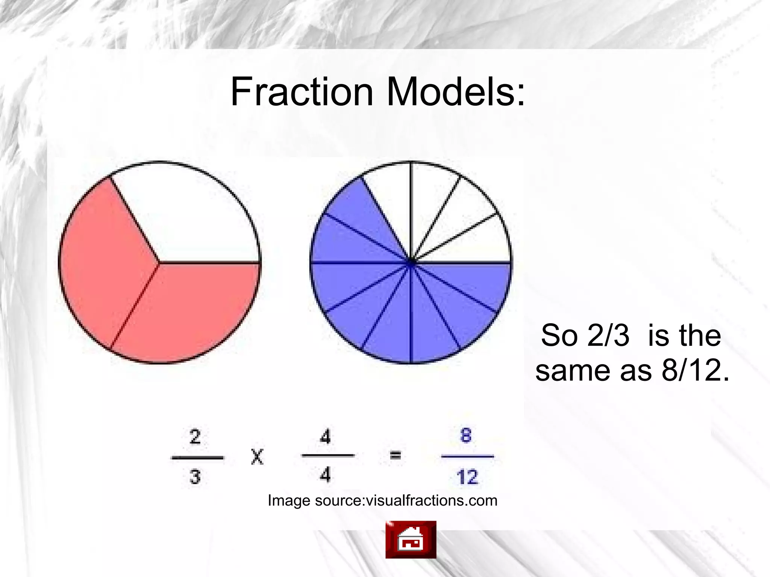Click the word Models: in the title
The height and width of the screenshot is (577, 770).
(x=455, y=92)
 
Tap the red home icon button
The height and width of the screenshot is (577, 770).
(x=411, y=539)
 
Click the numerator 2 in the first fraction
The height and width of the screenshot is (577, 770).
(x=195, y=437)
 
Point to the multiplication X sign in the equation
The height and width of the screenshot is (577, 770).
(x=257, y=457)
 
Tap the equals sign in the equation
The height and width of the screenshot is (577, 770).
(x=395, y=456)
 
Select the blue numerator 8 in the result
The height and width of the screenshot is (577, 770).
(x=466, y=436)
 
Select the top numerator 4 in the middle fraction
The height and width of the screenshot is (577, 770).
(x=326, y=437)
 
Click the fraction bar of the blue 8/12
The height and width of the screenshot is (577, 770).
(x=467, y=457)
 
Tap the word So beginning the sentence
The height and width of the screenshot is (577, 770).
(x=559, y=335)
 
